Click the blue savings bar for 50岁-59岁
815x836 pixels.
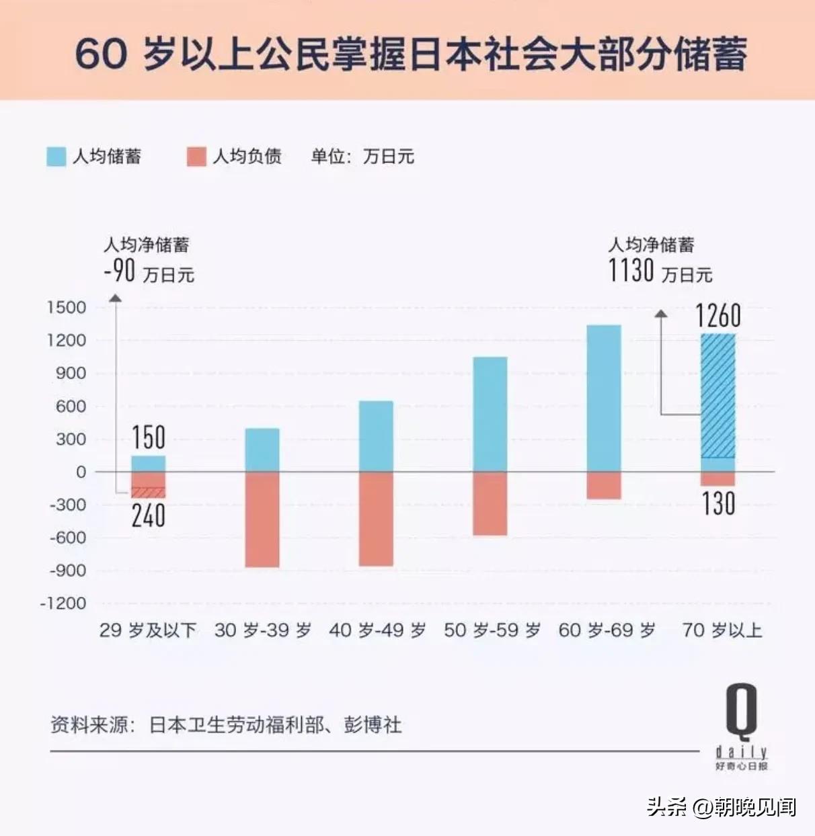tap(490, 414)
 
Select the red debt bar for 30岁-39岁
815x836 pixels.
tap(262, 519)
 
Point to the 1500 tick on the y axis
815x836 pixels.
tap(67, 308)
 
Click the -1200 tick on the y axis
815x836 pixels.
tap(63, 603)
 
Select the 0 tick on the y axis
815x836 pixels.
tap(81, 472)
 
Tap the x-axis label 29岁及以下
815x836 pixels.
tap(148, 630)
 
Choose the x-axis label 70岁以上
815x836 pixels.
tap(722, 630)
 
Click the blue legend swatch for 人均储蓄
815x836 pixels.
tap(56, 157)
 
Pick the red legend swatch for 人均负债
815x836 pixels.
tap(196, 157)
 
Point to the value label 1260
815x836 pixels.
tap(718, 316)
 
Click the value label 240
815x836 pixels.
tap(148, 515)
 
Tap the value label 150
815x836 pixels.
tap(148, 437)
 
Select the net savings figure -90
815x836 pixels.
tap(120, 271)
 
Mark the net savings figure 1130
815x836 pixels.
tap(631, 271)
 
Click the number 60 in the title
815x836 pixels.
tap(101, 54)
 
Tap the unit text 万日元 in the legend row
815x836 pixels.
tap(389, 157)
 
